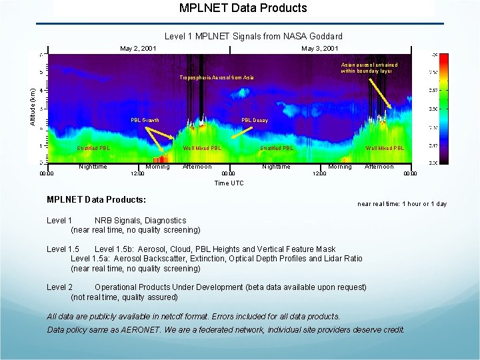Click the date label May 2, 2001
(138, 49)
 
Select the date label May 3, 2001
(319, 49)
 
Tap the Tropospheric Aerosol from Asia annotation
(216, 78)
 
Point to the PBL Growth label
(145, 121)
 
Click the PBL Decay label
(255, 121)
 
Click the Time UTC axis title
(229, 183)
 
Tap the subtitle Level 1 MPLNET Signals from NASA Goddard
(253, 36)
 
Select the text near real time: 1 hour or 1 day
(402, 204)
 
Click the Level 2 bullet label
(59, 287)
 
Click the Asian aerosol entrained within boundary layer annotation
(369, 67)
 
